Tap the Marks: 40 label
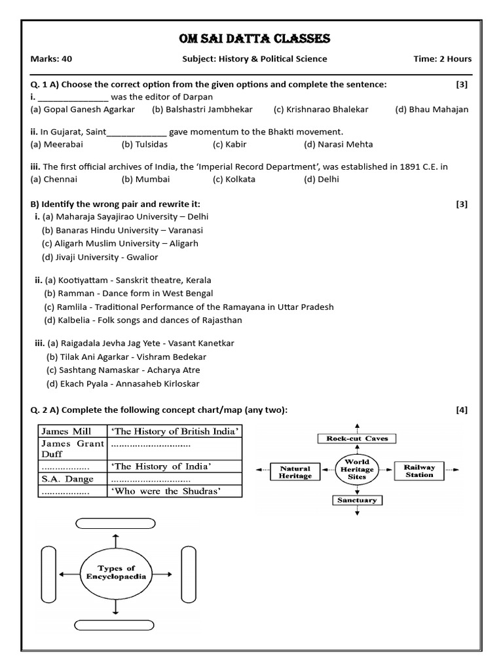(51, 59)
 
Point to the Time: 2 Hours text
(442, 59)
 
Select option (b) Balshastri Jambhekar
(202, 109)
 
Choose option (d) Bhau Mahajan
(432, 109)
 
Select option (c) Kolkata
(234, 179)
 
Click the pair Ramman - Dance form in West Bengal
(128, 293)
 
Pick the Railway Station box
(419, 471)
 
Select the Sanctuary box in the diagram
(357, 500)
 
